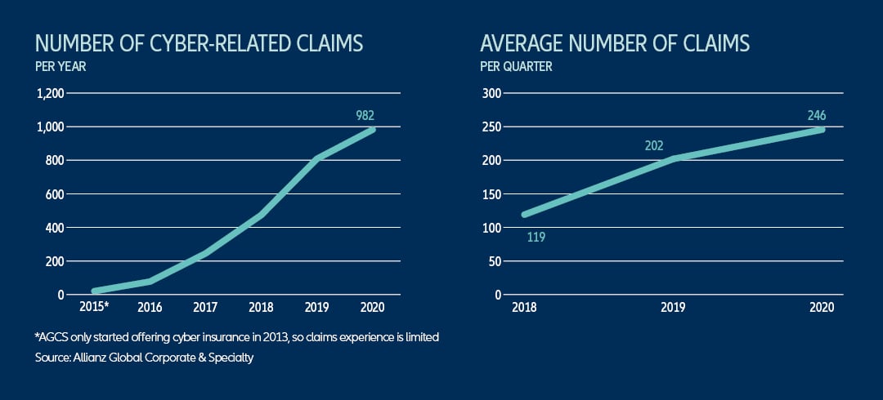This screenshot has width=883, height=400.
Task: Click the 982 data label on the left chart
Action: pos(365,116)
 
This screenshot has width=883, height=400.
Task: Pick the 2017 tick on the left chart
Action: pos(204,307)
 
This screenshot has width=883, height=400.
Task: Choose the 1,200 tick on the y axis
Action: pos(51,94)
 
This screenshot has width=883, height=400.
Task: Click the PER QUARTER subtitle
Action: pos(516,66)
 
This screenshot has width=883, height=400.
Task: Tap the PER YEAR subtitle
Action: pos(60,66)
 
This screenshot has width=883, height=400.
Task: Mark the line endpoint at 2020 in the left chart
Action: pos(373,130)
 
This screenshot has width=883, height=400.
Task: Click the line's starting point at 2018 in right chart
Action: pos(524,215)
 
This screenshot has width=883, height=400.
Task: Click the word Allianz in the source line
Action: pos(95,358)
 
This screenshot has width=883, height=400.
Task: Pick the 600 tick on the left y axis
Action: pos(55,194)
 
